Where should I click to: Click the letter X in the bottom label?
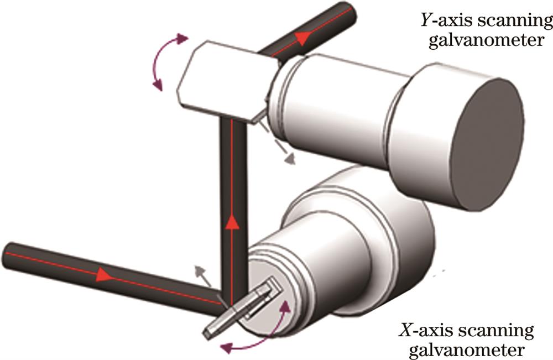pos(403,332)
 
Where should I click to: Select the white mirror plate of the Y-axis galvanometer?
pos(221,77)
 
